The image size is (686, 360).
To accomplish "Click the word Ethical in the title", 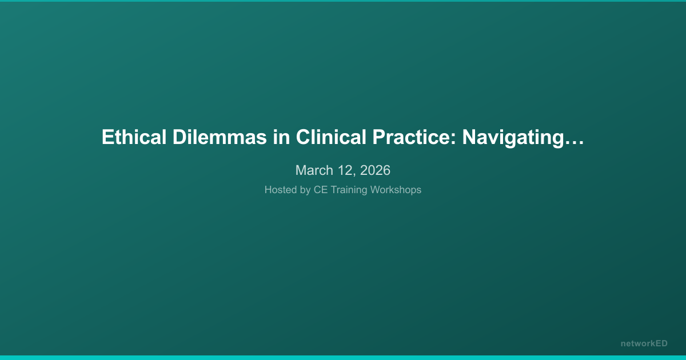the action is [x=134, y=137].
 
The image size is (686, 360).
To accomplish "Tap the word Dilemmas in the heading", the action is [x=220, y=137].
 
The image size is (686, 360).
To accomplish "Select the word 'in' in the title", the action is [x=281, y=137].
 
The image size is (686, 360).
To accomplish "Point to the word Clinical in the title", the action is [x=331, y=137].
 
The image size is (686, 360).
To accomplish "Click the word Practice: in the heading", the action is [x=414, y=137].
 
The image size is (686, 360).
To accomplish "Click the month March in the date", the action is [x=314, y=170].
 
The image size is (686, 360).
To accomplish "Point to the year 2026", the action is [x=375, y=170].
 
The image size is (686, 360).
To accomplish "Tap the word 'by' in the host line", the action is [x=305, y=190].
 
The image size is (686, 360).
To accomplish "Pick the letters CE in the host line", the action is [x=321, y=190].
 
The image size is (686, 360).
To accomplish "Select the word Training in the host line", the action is [x=349, y=190].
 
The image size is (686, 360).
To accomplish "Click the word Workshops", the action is [x=396, y=190].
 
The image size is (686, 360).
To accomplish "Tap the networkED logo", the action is [x=644, y=343].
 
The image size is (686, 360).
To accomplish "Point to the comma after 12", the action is [x=354, y=174].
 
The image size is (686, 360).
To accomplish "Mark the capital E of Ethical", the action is [x=107, y=137].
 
